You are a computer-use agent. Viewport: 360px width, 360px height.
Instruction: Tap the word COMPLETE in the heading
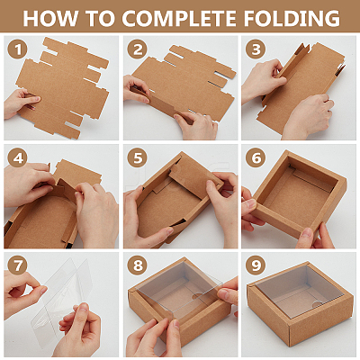179,18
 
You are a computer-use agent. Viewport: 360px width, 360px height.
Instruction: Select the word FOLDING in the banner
291,18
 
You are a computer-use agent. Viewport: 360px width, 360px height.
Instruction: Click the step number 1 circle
18,49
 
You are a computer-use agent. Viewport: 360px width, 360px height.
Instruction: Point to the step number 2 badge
137,49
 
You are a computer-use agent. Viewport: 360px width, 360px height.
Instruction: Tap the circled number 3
256,49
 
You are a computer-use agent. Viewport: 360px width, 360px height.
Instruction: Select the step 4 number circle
18,157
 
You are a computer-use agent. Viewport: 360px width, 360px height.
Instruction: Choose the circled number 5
137,157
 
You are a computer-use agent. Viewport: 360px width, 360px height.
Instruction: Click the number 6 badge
256,157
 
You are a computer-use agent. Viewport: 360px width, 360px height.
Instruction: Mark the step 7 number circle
18,265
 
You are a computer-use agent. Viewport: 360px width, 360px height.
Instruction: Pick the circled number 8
137,265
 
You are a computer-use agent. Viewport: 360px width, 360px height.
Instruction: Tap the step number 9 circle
256,265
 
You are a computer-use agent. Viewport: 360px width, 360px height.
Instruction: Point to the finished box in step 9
300,304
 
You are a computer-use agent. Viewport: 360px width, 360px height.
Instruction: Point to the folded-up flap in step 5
195,178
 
